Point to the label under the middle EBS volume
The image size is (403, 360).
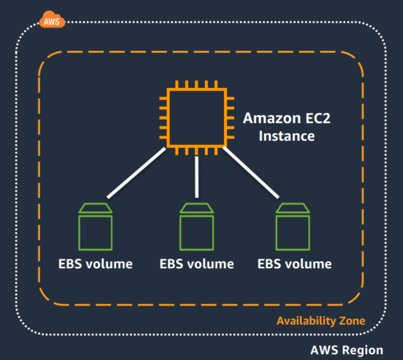(x=197, y=264)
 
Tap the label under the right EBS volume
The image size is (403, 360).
(x=294, y=264)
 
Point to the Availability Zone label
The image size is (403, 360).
(x=321, y=321)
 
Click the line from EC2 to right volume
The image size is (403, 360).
(x=251, y=172)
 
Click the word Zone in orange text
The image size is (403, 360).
(x=352, y=321)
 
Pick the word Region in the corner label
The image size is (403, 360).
(x=364, y=350)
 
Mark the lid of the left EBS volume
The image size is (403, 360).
(x=95, y=208)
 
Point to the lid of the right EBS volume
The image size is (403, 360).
(x=293, y=208)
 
